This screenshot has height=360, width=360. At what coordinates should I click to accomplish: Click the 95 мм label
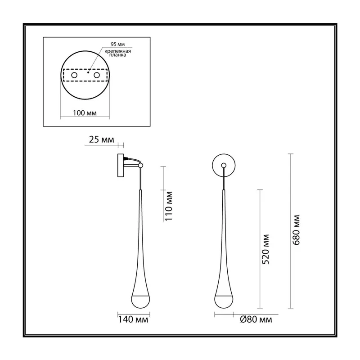118,44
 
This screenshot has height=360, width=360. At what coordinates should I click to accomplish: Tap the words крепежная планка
117,53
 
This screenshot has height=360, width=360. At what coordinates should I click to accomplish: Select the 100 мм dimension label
85,113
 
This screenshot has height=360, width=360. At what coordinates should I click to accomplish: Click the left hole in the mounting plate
74,75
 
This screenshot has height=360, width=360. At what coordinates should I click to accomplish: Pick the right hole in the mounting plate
97,75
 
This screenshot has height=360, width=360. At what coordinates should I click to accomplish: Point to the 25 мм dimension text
101,139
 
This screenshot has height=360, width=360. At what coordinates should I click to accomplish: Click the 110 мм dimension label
169,206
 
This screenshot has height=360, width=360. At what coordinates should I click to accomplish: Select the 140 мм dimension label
133,319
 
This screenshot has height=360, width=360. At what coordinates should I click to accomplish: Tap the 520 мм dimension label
265,249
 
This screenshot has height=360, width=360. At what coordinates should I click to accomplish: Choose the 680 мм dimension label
297,230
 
